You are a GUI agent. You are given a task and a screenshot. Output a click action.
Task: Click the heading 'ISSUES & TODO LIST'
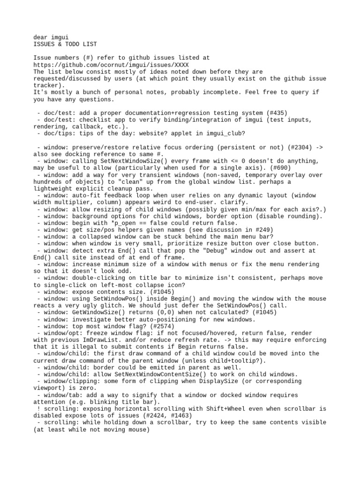click(65, 44)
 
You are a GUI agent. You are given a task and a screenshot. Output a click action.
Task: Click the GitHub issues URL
click(112, 65)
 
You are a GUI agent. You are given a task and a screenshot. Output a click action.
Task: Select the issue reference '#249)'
click(247, 230)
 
